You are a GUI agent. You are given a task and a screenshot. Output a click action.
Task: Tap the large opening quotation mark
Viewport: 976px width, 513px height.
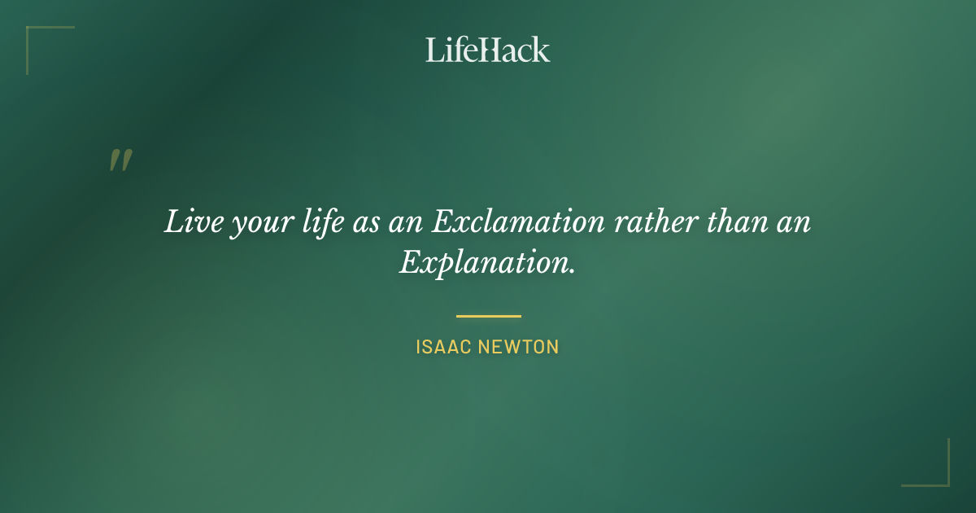120,160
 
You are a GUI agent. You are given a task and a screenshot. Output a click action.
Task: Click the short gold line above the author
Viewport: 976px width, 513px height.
488,316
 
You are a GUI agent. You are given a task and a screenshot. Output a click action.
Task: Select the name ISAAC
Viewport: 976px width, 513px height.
442,347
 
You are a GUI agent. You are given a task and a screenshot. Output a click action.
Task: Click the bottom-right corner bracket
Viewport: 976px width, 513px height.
935,473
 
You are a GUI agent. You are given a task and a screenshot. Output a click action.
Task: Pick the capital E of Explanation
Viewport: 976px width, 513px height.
410,262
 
